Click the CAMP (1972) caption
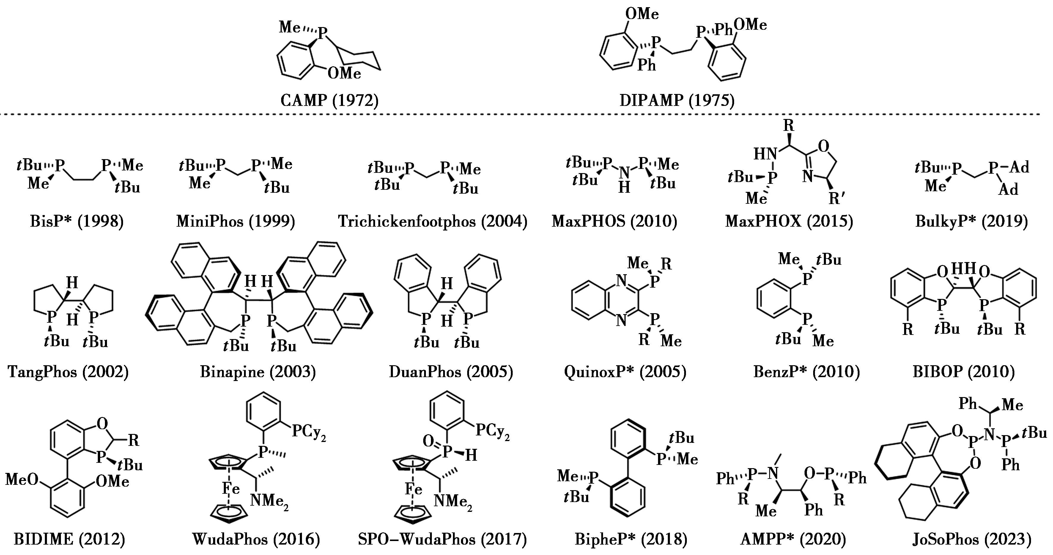click(x=330, y=100)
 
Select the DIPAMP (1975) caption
click(x=677, y=100)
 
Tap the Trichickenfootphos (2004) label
click(x=432, y=221)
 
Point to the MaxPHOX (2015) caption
click(x=789, y=221)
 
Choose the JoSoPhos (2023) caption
click(x=972, y=539)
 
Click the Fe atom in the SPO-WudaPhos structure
click(x=413, y=489)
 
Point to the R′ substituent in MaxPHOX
click(x=836, y=198)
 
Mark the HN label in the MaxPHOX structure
click(x=765, y=154)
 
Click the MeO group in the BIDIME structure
click(x=22, y=479)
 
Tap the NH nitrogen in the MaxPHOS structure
click(x=624, y=173)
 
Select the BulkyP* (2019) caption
click(x=971, y=221)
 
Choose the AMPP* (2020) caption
click(x=793, y=539)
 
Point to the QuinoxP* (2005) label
click(x=625, y=372)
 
